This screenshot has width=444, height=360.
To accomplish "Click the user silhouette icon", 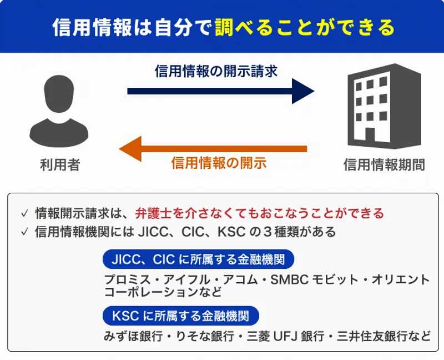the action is coord(59,111).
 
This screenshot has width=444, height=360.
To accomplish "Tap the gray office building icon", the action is coord(384,106).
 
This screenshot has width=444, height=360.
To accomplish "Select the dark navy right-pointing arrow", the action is coord(221,91).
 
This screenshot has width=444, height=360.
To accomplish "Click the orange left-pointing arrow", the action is coord(213,149).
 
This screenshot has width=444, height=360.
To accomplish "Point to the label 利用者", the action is coord(60,164).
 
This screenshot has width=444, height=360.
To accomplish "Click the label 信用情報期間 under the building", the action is coord(384,164).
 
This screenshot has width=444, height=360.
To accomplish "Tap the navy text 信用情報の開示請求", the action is coord(216,71).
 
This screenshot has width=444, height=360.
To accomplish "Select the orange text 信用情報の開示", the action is coord(219,163).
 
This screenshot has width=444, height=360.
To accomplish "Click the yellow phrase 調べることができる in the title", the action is coord(305,27).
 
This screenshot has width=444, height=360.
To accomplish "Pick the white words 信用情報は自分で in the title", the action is coord(132,27).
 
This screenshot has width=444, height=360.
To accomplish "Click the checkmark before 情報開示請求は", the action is coord(24,213).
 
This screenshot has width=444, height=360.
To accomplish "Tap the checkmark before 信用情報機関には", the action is coord(24,232).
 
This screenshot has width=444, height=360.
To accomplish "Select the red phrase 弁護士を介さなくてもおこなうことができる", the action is coord(259,213).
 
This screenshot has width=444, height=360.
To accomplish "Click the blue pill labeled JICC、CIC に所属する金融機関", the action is coord(198,259).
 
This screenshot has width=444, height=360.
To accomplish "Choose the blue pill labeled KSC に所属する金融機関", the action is coord(181,316).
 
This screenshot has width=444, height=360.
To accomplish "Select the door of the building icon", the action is coord(370,136).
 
